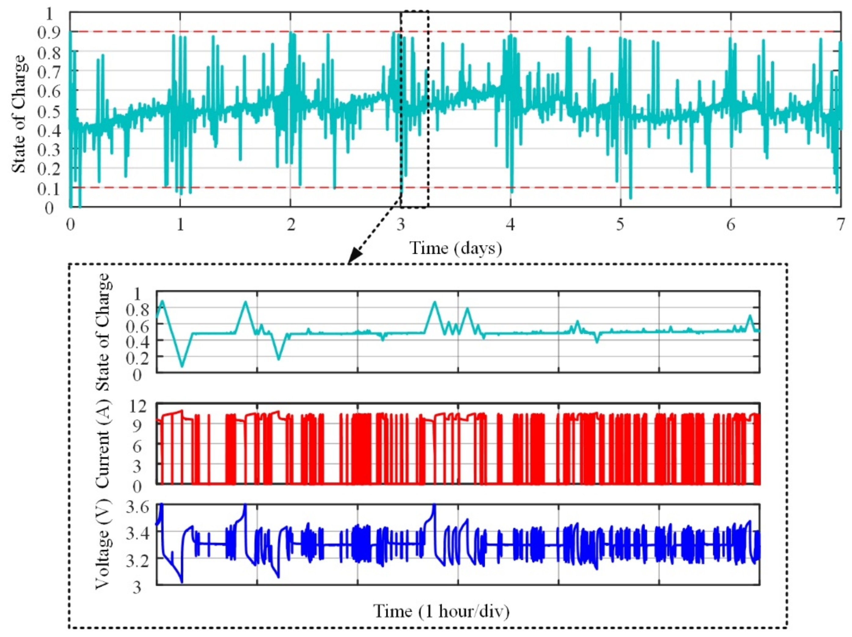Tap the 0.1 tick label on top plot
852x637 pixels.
(x=49, y=189)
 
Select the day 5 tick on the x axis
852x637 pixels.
(x=620, y=224)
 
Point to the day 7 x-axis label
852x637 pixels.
(x=840, y=224)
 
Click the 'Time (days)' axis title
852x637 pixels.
(x=456, y=248)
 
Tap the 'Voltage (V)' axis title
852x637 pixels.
(x=102, y=544)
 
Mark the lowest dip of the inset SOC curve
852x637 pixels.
(x=182, y=366)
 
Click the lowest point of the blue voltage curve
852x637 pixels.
(x=182, y=582)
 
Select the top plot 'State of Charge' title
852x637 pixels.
(x=19, y=114)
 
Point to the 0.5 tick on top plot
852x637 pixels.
(x=49, y=111)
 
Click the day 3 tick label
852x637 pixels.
(x=401, y=224)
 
